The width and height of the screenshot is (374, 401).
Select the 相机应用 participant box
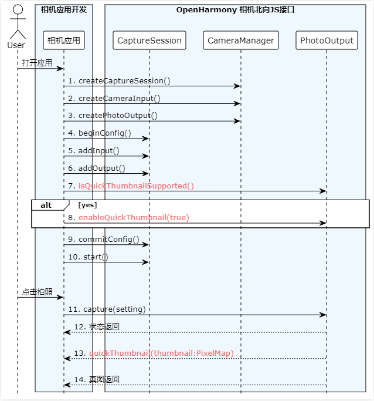pos(64,41)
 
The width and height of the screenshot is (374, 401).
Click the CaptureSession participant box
pos(149,41)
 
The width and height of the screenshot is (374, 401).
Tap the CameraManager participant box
pos(240,41)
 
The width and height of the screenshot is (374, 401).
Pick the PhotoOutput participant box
pos(327,41)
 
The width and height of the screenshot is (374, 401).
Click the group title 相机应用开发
pos(64,9)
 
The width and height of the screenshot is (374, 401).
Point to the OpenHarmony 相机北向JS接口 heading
pos(235,10)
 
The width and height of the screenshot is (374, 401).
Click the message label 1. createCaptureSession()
pos(120,80)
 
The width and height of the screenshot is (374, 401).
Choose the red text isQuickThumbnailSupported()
pos(136,186)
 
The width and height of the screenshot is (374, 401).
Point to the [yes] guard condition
pos(87,205)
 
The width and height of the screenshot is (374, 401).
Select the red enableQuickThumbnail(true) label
pos(134,217)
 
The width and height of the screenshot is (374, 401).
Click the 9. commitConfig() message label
pos(104,239)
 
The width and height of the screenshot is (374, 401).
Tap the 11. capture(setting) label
pos(107,309)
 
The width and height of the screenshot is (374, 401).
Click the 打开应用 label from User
pos(37,63)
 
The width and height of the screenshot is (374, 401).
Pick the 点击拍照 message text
pos(37,291)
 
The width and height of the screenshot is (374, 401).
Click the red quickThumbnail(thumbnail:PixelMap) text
pos(161,353)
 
